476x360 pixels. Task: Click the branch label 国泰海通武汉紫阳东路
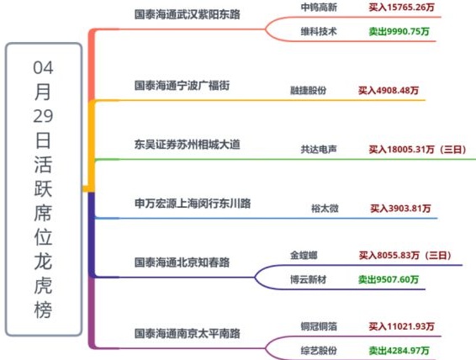pos(188,14)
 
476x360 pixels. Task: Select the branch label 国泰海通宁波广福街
pos(182,85)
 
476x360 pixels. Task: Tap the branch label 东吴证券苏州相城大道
pos(188,144)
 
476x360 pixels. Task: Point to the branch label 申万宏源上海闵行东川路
pos(193,203)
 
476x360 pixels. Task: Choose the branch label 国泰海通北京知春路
pos(182,262)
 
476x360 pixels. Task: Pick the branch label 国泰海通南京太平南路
pos(188,333)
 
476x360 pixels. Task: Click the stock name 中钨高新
pos(319,8)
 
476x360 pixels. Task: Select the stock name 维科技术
pos(319,31)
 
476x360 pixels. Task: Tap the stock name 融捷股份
pos(308,90)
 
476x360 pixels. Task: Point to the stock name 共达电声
pos(319,149)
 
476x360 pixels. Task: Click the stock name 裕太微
pos(325,209)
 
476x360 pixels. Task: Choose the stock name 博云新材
pos(308,279)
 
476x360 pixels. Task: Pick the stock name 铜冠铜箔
pos(319,326)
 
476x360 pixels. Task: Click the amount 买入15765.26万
pos(402,8)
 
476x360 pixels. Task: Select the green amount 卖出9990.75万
pos(399,31)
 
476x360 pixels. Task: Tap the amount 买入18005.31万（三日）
pos(418,149)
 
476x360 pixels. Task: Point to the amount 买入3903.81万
pos(400,209)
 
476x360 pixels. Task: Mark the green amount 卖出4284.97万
pos(399,351)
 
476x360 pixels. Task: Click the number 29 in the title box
pos(43,116)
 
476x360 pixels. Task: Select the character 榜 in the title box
pos(43,310)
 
